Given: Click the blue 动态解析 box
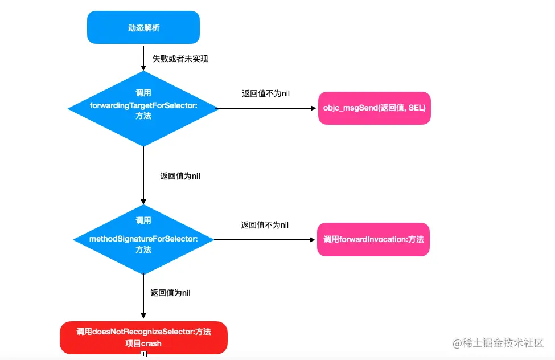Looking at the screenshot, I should click(143, 27).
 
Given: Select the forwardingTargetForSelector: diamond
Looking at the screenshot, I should click(143, 108).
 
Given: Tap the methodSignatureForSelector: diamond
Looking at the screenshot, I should click(143, 239).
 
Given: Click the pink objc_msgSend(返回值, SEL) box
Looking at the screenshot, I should click(374, 108).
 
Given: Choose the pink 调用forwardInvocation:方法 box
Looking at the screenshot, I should click(373, 240).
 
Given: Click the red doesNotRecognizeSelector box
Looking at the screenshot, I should click(143, 337).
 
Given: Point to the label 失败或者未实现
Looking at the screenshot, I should click(180, 59).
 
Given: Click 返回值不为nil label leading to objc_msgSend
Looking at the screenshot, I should click(266, 93).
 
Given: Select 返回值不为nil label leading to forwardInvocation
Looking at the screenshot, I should click(265, 225).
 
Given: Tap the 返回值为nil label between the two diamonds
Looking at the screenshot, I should click(180, 176).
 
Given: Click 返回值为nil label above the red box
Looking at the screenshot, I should click(170, 293).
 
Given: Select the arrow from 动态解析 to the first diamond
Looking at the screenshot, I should click(143, 58).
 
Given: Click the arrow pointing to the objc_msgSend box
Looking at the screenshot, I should click(268, 108).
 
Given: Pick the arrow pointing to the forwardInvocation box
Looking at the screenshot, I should click(265, 240).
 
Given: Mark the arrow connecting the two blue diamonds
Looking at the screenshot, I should click(143, 175).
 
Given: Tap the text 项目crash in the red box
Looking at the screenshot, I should click(143, 343).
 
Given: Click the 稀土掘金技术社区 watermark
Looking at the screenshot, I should click(498, 343).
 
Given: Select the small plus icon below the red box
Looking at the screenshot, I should click(143, 354).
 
